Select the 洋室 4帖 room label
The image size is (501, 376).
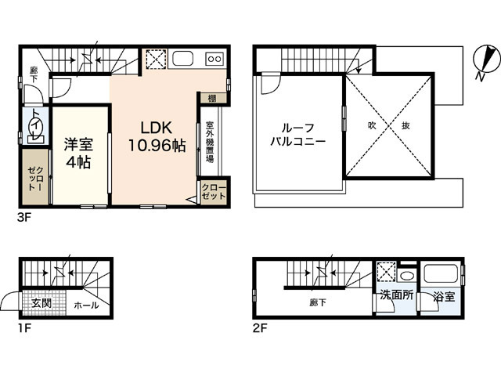(x=78, y=152)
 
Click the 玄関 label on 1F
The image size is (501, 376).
(x=42, y=303)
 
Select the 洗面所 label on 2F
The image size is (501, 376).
(x=396, y=298)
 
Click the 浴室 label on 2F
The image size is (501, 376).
(x=438, y=298)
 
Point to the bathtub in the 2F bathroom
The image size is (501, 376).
(x=441, y=276)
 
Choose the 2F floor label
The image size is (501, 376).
(x=260, y=328)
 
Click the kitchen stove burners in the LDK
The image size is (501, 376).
(x=214, y=60)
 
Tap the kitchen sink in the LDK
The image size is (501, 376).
(x=184, y=60)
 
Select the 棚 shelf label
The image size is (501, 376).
(x=212, y=98)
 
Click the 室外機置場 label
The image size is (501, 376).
(x=210, y=142)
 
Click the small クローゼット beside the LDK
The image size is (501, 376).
(x=211, y=192)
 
